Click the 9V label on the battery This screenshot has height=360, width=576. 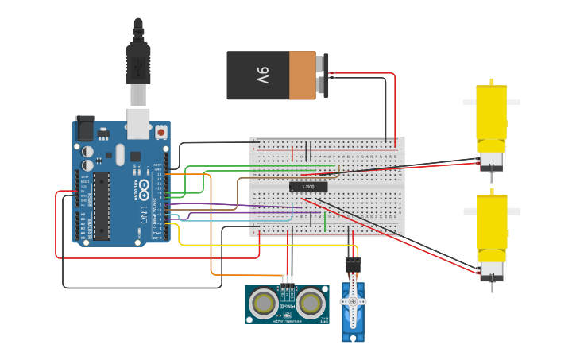263,75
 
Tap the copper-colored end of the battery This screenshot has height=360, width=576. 302,75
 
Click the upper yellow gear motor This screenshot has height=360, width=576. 490,119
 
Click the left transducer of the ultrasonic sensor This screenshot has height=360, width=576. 262,303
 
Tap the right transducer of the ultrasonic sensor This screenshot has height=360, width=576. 311,303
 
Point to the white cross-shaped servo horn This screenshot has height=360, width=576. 353,302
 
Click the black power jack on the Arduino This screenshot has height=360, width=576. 84,129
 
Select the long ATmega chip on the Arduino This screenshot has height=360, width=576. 102,205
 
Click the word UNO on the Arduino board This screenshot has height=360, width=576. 144,214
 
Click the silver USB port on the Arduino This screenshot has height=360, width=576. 139,119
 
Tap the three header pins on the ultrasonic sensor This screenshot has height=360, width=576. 287,280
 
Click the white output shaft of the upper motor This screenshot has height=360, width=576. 512,103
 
